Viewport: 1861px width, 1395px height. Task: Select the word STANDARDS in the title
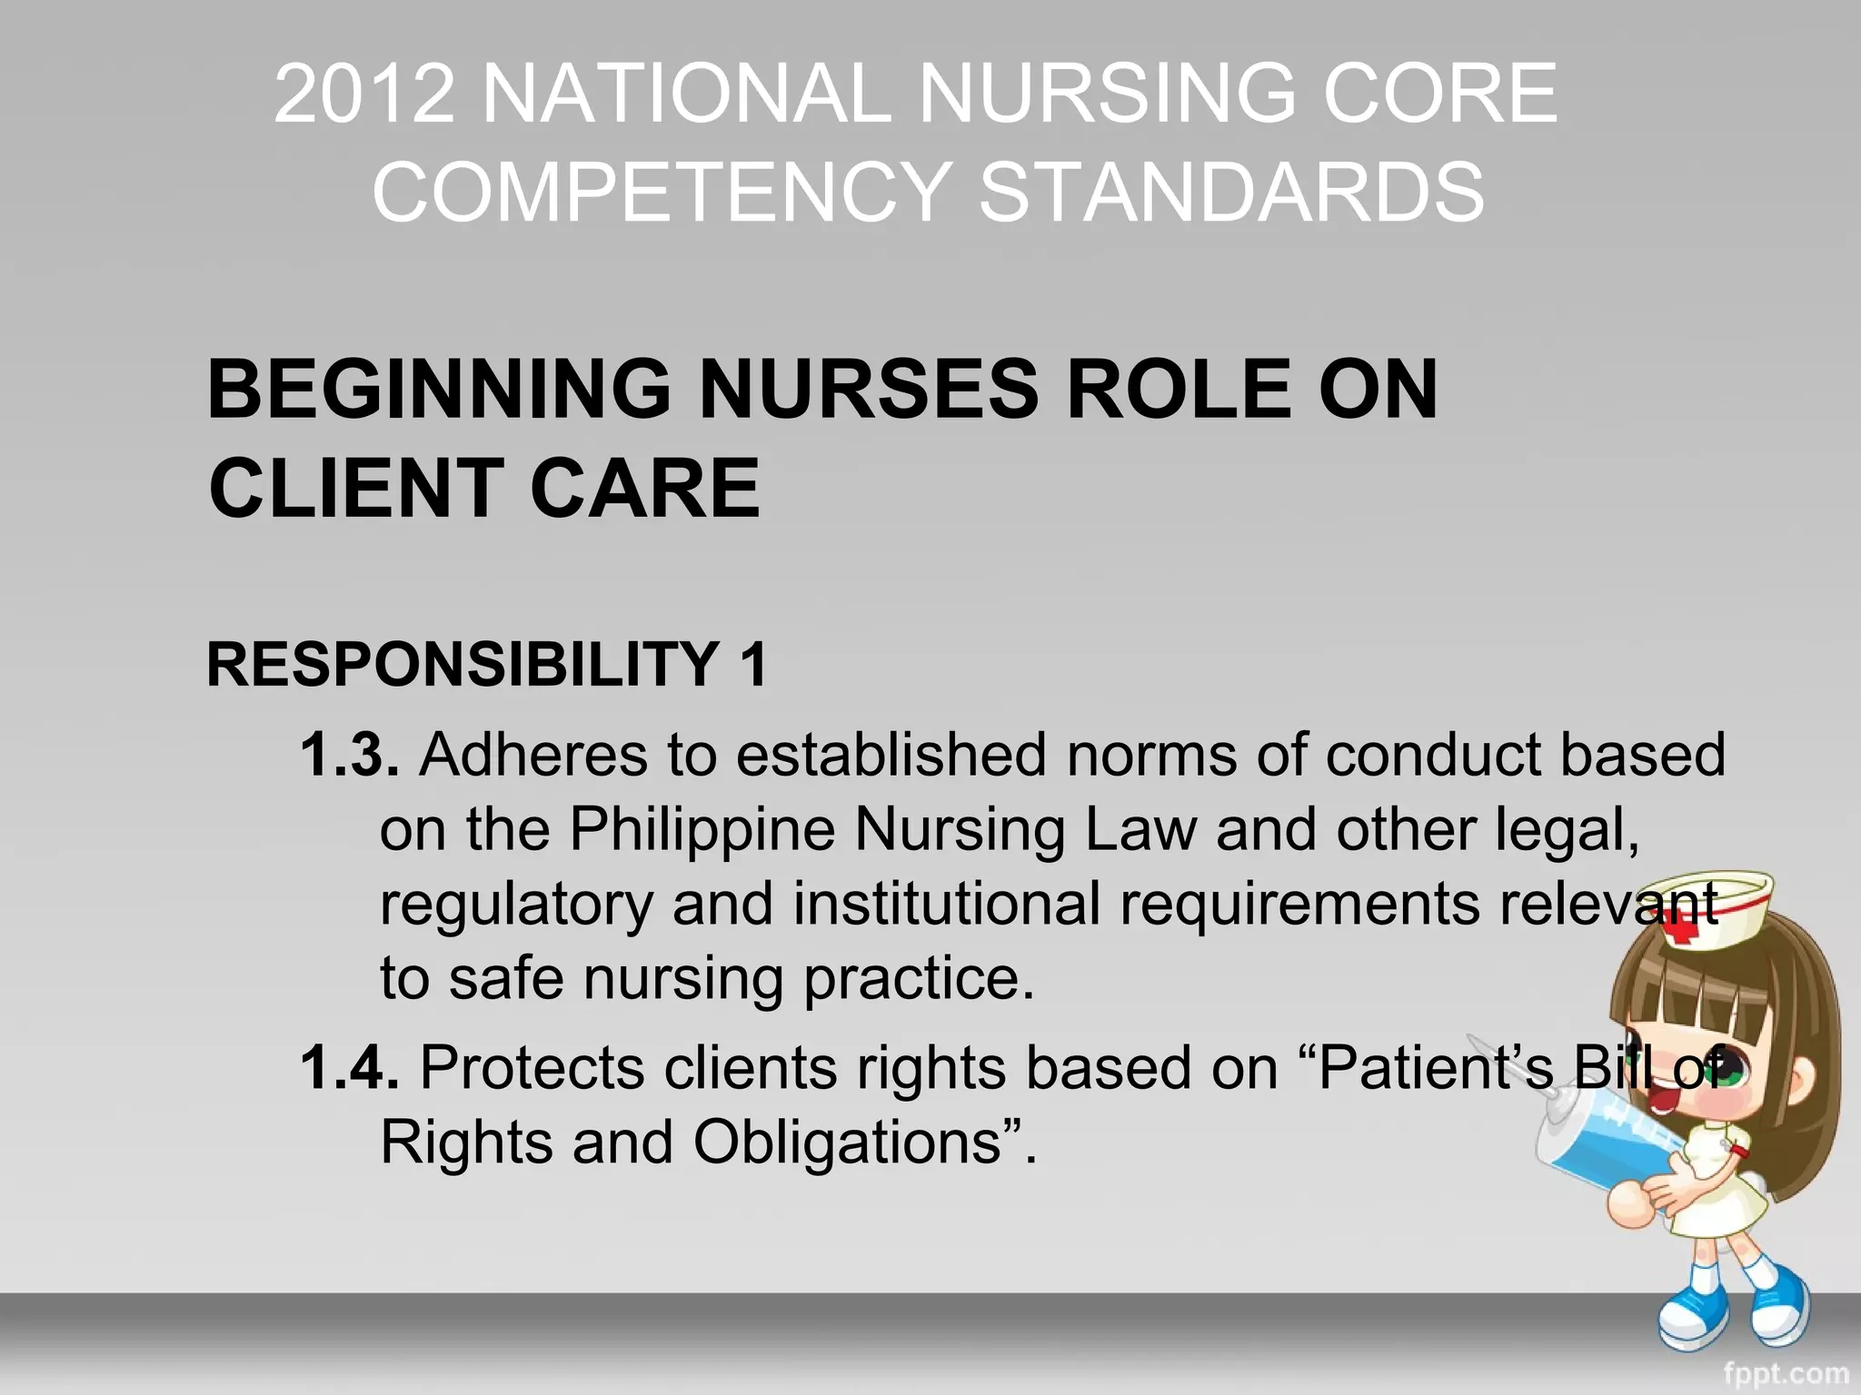click(x=1231, y=192)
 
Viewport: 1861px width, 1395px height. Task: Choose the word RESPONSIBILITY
click(x=463, y=664)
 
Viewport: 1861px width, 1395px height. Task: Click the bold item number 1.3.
click(x=350, y=755)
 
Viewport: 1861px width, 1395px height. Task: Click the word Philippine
click(x=702, y=830)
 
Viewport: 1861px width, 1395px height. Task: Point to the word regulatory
click(x=516, y=905)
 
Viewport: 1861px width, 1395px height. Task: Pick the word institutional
click(x=946, y=905)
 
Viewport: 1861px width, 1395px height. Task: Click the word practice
click(x=919, y=979)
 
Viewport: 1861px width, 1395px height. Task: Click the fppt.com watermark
click(x=1786, y=1373)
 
